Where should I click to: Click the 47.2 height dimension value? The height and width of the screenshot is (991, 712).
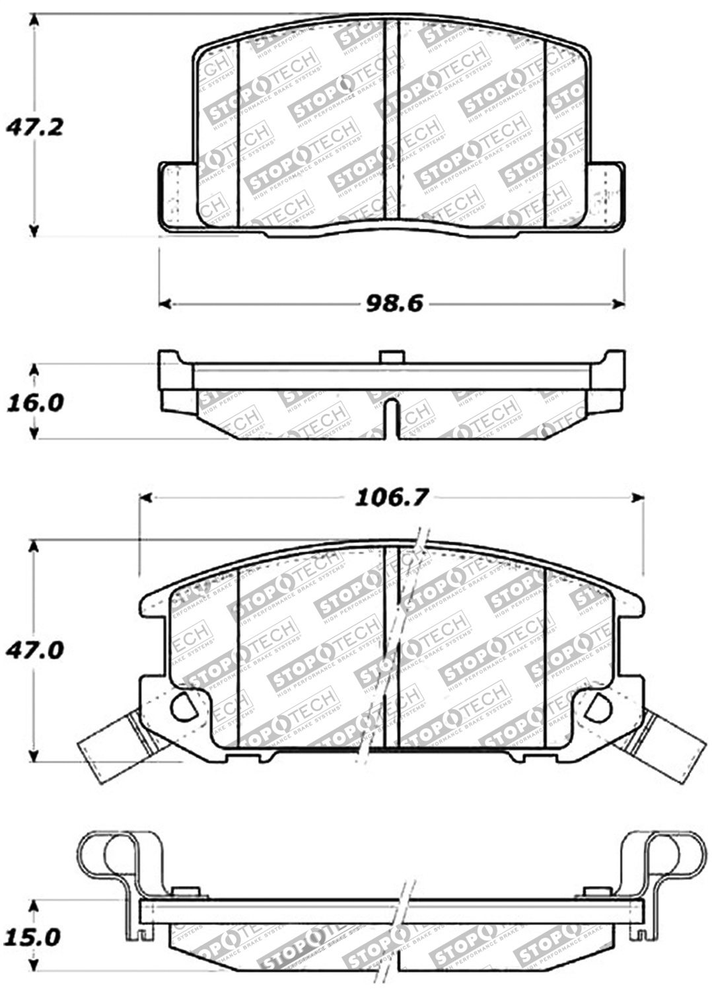[x=35, y=126]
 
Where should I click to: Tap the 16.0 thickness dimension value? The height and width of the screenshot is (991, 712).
[x=35, y=402]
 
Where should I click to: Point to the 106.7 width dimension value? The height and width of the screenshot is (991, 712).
[x=392, y=497]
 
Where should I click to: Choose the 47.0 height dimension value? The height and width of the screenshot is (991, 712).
[x=35, y=650]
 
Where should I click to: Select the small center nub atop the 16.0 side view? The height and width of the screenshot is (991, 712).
[x=391, y=357]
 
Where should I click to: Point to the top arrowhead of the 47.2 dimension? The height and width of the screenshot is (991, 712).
[x=35, y=19]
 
